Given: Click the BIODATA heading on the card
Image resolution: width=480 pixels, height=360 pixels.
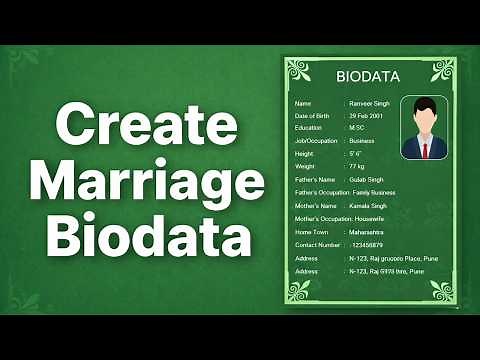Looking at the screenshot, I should pyautogui.click(x=370, y=76).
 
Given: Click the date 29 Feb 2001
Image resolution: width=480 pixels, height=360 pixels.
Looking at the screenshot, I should pyautogui.click(x=366, y=116).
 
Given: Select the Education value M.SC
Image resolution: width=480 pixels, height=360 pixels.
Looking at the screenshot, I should pyautogui.click(x=357, y=129).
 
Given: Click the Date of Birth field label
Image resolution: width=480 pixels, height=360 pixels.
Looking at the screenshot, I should pyautogui.click(x=311, y=116).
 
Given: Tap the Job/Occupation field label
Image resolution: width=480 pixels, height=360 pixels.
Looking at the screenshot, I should pyautogui.click(x=314, y=142).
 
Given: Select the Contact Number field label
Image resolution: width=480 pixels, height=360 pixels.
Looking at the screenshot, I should pyautogui.click(x=316, y=244).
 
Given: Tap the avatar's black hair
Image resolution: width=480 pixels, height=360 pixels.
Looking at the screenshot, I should pyautogui.click(x=425, y=108).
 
